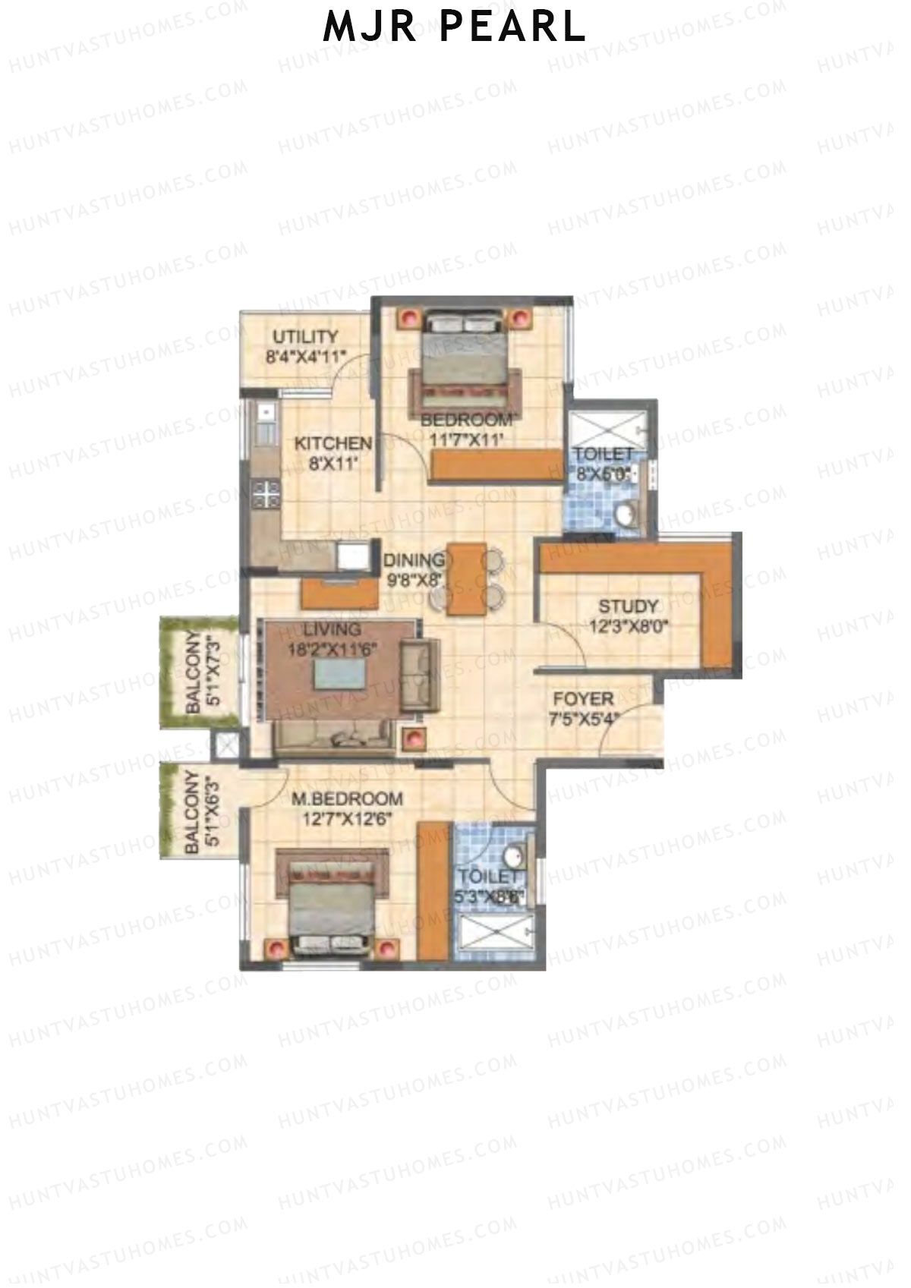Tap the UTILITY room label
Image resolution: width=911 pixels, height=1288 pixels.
pyautogui.click(x=305, y=337)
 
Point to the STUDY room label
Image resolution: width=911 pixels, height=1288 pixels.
pyautogui.click(x=629, y=607)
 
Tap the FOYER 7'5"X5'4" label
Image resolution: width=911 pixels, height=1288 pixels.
pyautogui.click(x=583, y=708)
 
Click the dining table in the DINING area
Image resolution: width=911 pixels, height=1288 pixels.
pyautogui.click(x=466, y=578)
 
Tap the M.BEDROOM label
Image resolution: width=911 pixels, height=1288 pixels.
pyautogui.click(x=347, y=799)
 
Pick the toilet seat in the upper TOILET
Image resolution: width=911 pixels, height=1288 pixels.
pyautogui.click(x=626, y=517)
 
